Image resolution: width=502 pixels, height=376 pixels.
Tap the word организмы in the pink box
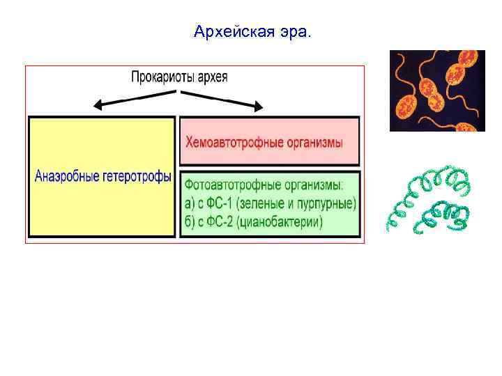pyautogui.click(x=314, y=143)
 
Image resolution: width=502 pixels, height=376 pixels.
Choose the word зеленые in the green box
pyautogui.click(x=261, y=204)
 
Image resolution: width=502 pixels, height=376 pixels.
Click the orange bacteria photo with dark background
pyautogui.click(x=436, y=91)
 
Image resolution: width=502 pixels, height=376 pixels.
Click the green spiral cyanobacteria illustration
pyautogui.click(x=429, y=202)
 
